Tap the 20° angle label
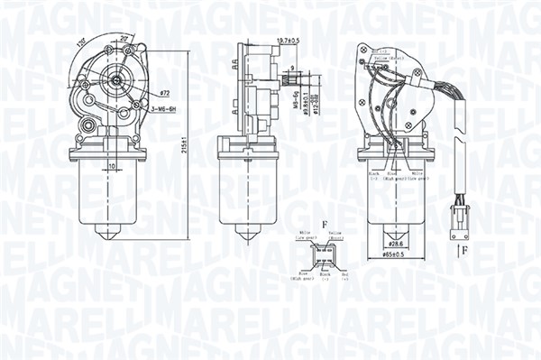click(124, 39)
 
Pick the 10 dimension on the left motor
click(111, 166)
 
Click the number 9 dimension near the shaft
click(294, 69)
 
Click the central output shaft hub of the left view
click(117, 79)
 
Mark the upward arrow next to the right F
click(456, 245)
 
